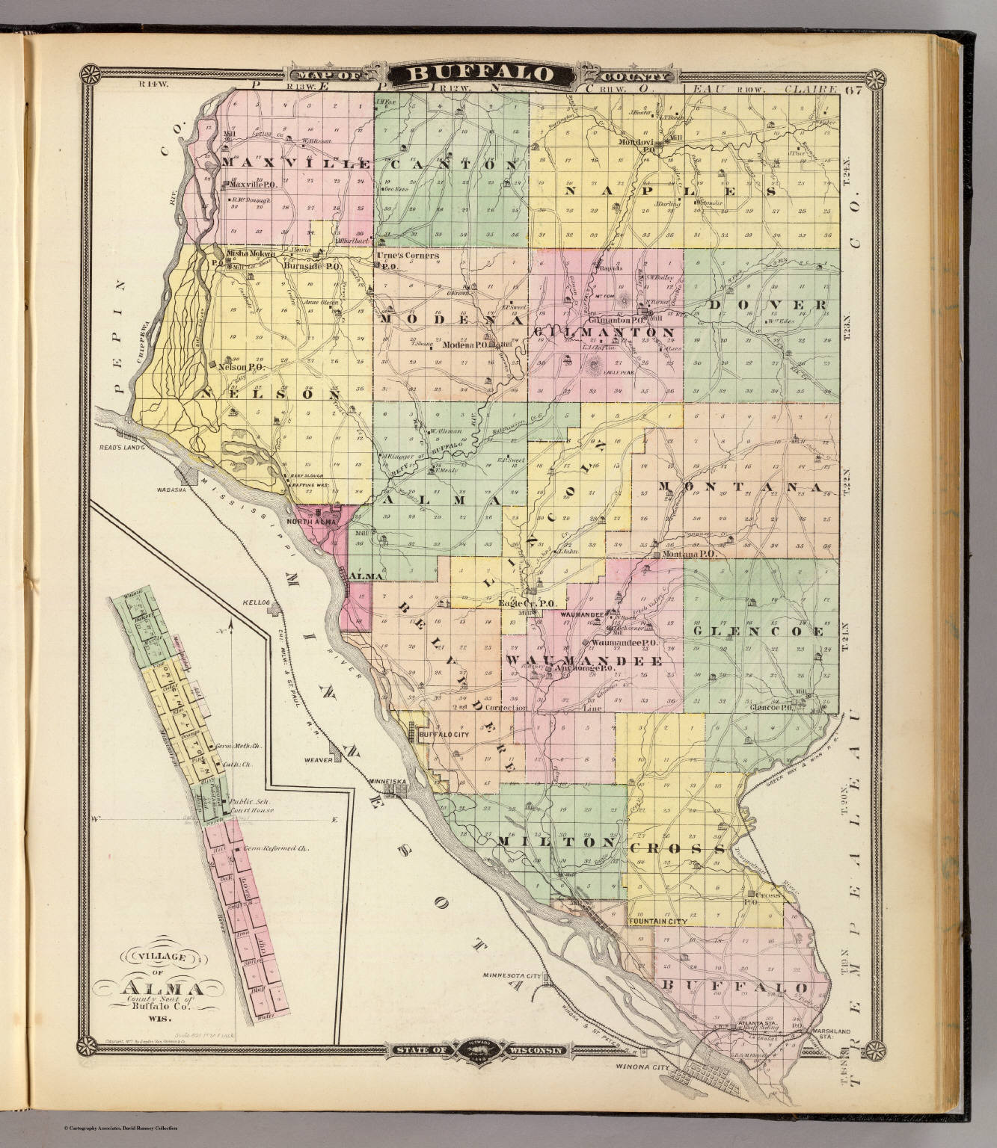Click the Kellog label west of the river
pos(255,601)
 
